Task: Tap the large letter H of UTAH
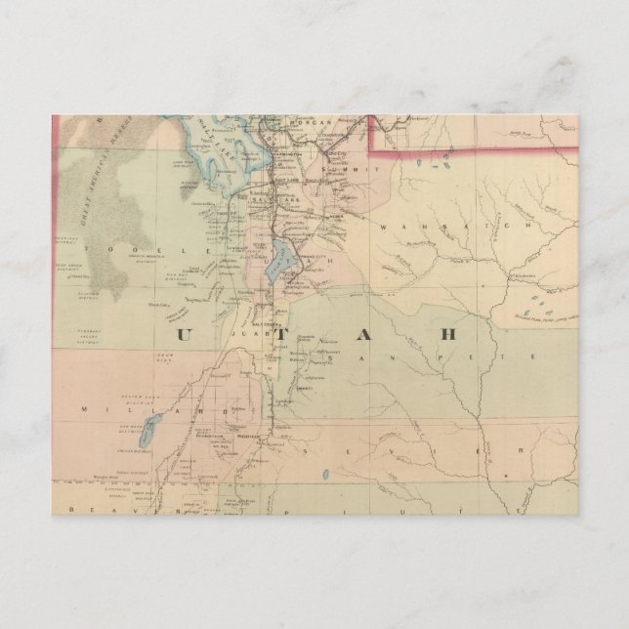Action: point(448,333)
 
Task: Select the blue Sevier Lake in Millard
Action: point(151,427)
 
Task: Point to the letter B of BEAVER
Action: point(59,509)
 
